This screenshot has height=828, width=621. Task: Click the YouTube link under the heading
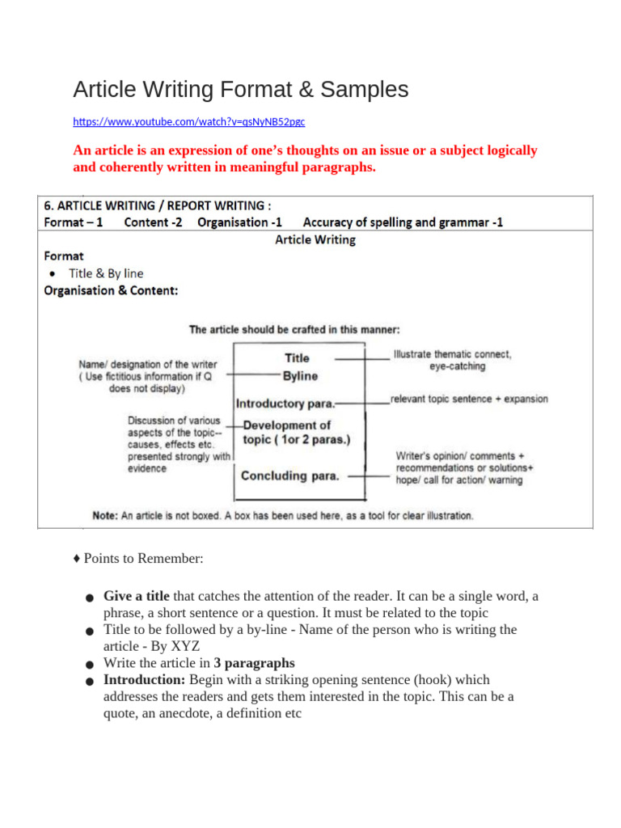[189, 122]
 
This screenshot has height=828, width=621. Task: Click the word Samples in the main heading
[362, 90]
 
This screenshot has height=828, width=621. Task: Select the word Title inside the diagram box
[297, 357]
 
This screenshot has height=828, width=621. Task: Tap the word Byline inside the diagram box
[300, 376]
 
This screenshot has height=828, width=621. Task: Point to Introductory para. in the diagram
[285, 403]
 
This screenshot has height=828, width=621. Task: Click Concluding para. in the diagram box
[290, 475]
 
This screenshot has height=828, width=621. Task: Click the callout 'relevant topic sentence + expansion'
[469, 399]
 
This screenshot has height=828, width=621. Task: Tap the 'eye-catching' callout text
[457, 366]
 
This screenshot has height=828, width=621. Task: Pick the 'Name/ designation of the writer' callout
[147, 365]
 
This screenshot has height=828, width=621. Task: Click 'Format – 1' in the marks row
[73, 222]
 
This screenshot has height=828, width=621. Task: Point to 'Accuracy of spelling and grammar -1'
[403, 222]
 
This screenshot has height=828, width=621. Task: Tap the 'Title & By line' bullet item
[106, 273]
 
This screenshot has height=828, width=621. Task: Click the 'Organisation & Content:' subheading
[111, 290]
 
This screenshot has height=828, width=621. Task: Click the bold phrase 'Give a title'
[137, 597]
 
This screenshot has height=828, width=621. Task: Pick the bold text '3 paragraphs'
[255, 663]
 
